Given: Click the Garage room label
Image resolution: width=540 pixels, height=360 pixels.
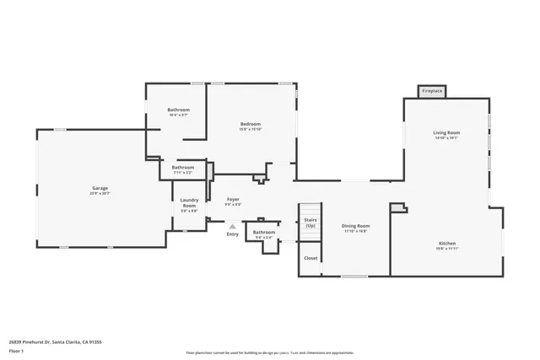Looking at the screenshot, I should click(100, 187).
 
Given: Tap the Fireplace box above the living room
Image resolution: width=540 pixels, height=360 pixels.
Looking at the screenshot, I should click(432, 90).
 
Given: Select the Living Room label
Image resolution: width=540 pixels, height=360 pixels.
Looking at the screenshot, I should click(446, 132).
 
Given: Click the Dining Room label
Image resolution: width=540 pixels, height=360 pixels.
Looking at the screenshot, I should click(355, 225).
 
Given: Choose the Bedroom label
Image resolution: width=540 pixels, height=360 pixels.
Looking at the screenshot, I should click(251, 124).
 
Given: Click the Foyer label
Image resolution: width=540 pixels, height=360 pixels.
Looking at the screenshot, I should click(233, 199).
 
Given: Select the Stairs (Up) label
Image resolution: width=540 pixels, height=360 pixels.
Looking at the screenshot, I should click(310, 223).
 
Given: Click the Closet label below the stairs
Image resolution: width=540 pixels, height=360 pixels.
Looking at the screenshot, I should click(310, 258).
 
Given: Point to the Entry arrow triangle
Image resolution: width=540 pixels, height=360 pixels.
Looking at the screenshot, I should click(232, 225).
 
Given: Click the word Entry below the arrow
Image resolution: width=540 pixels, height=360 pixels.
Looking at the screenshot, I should click(232, 234).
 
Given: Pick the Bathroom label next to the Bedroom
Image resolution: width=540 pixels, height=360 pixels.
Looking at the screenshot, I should click(178, 110).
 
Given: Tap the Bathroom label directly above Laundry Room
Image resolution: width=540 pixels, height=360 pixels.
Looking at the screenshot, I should click(183, 167).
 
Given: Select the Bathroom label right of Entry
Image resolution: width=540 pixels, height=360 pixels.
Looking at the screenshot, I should click(264, 232).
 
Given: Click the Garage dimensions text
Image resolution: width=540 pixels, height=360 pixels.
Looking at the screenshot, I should click(100, 193).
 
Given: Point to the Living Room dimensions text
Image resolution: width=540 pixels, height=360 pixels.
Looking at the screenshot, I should click(446, 138).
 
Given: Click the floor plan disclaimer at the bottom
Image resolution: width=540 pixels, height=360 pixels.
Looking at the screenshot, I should click(269, 352).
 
